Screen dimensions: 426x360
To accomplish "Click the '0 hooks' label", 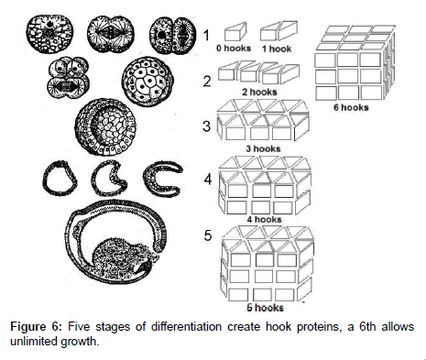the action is pyautogui.click(x=234, y=49).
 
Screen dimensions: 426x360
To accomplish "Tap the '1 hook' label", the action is pyautogui.click(x=277, y=49).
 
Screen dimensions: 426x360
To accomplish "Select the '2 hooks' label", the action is pyautogui.click(x=259, y=92).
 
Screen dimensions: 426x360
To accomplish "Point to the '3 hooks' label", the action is pyautogui.click(x=263, y=148).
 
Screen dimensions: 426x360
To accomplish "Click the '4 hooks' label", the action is pyautogui.click(x=265, y=219).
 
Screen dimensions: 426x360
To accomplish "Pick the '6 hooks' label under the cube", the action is pyautogui.click(x=351, y=107).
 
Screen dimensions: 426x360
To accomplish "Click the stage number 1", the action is pyautogui.click(x=207, y=35).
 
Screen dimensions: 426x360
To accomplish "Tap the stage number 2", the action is pyautogui.click(x=207, y=82).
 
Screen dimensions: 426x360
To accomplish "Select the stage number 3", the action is pyautogui.click(x=207, y=126).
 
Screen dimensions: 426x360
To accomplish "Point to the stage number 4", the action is pyautogui.click(x=208, y=179).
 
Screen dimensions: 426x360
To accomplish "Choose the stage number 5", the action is pyautogui.click(x=208, y=235).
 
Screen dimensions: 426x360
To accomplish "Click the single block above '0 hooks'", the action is pyautogui.click(x=235, y=32).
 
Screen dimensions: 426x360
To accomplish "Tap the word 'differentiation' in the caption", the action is pyautogui.click(x=186, y=327).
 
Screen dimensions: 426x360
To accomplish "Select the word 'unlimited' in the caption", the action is pyautogui.click(x=33, y=341).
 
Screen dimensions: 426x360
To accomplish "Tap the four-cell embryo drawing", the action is pyautogui.click(x=68, y=78).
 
